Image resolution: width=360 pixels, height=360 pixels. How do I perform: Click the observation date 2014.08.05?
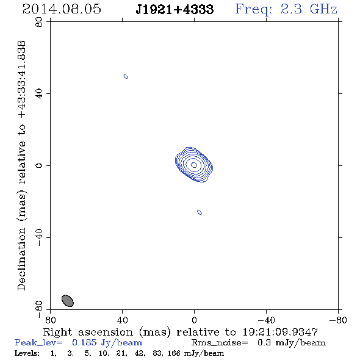tap(62, 9)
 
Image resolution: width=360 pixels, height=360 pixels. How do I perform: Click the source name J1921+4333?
tap(175, 10)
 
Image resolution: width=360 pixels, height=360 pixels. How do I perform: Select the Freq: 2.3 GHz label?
tap(286, 9)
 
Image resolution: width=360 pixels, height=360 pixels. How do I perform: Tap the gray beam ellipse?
tap(68, 301)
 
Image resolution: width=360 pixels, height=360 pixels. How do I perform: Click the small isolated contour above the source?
tap(126, 76)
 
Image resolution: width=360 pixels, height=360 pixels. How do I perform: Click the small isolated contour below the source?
tap(200, 212)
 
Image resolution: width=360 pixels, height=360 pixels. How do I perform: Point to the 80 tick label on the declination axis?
tap(39, 22)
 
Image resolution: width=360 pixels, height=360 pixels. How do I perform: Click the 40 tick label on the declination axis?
tap(39, 94)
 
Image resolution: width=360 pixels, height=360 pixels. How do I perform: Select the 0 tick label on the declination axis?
tap(39, 165)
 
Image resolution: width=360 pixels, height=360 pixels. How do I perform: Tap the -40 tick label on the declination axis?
tap(39, 237)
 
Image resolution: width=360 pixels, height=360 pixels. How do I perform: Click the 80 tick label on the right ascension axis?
tap(50, 320)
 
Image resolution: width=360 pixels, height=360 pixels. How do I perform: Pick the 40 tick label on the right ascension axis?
tap(123, 320)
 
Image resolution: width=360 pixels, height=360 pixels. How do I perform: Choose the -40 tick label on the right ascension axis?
tap(266, 320)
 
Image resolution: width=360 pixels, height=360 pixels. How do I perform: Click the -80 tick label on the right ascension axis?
tap(338, 320)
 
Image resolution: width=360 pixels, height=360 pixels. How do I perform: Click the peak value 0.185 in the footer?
tap(84, 342)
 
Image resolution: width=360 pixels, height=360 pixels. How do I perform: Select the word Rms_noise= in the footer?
tap(220, 343)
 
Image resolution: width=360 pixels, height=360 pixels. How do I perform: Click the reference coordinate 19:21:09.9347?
tap(280, 332)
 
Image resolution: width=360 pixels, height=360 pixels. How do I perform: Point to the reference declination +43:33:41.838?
tap(22, 80)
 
